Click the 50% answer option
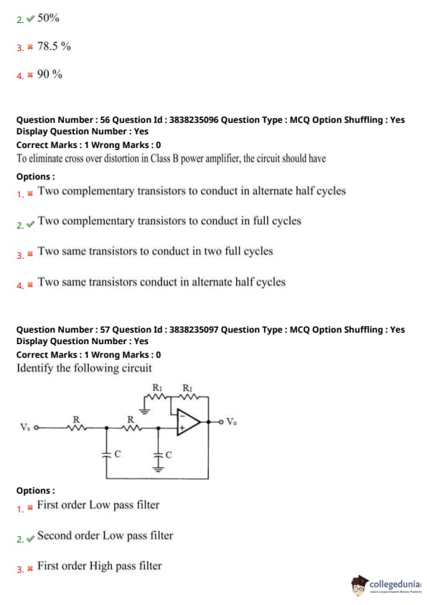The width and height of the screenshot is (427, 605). [x=48, y=18]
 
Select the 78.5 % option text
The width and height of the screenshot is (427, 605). [x=54, y=46]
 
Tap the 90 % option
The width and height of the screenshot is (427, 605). [x=50, y=74]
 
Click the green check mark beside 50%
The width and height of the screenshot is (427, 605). [x=30, y=18]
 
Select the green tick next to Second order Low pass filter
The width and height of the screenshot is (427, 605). [x=30, y=538]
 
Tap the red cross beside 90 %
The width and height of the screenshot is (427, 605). [x=30, y=75]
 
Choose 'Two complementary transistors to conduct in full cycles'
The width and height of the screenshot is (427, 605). [x=169, y=221]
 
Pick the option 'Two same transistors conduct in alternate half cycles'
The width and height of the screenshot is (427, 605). [x=161, y=282]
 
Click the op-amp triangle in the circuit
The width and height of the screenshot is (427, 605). [x=188, y=422]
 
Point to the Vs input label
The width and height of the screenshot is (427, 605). [x=24, y=427]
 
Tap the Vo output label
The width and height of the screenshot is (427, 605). [x=231, y=422]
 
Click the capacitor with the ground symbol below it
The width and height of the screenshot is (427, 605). [x=158, y=456]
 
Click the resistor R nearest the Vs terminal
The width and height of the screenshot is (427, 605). [x=77, y=427]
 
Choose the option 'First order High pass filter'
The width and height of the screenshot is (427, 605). [x=100, y=566]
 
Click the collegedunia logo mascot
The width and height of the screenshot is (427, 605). [x=359, y=585]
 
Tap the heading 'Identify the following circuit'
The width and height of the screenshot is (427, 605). [x=84, y=368]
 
